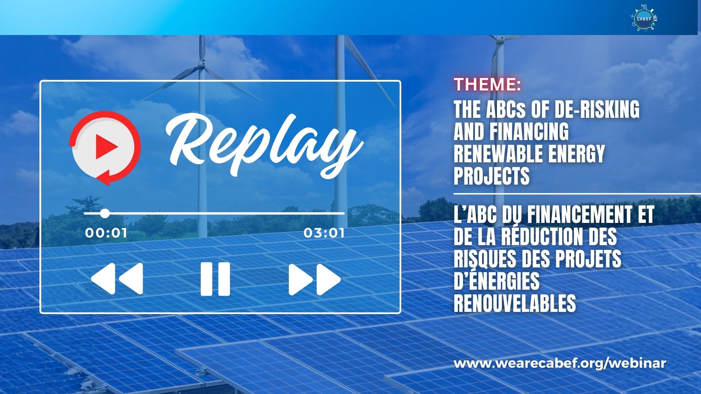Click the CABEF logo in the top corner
[644, 18]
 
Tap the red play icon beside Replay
[106, 147]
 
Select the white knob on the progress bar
[105, 213]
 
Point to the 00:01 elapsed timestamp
[106, 233]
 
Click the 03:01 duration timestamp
[324, 233]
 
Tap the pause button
[215, 279]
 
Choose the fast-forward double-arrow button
[315, 279]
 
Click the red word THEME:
[487, 85]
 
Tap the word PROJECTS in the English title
[492, 176]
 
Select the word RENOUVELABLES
[515, 303]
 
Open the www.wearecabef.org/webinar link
[560, 363]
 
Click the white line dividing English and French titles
[577, 194]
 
